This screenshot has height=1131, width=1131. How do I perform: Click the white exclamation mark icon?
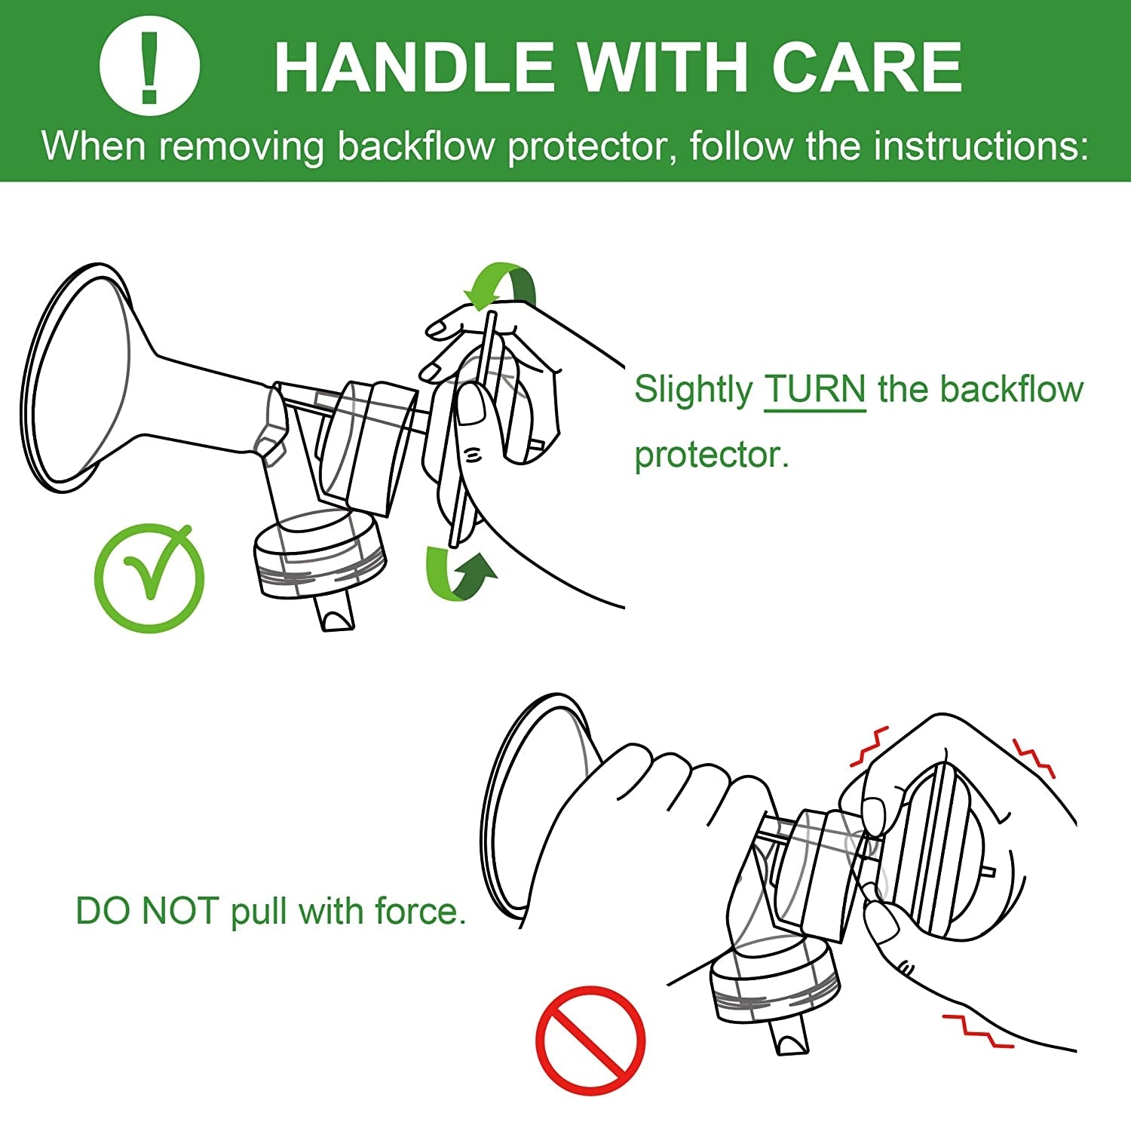point(149,66)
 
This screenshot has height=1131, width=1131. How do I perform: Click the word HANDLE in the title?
point(414,67)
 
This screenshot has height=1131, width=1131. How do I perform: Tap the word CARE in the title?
point(867,67)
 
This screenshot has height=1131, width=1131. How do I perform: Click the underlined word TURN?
point(815,390)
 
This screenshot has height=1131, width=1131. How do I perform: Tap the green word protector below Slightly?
point(712,455)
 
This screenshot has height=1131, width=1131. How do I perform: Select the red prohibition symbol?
point(590,1041)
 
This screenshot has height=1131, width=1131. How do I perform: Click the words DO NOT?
point(148,911)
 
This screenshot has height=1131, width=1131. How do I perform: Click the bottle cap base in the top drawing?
point(320,556)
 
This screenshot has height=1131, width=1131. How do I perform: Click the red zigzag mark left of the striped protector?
point(869,746)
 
